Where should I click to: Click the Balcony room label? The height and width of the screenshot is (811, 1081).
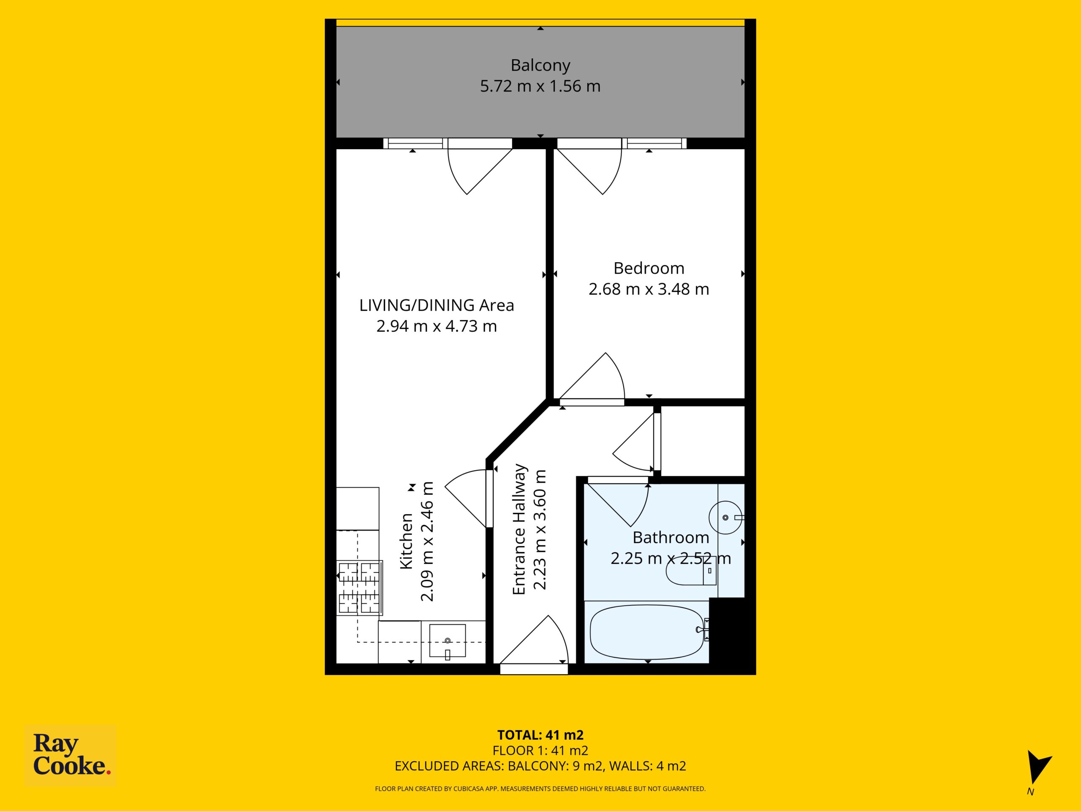tap(540, 65)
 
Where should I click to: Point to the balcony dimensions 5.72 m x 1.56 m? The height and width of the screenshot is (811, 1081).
tap(540, 86)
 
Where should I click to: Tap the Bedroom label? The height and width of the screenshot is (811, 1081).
tap(649, 268)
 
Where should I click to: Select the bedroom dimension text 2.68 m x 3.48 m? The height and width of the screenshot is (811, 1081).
tap(649, 289)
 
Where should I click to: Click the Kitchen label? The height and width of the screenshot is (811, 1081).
tap(407, 541)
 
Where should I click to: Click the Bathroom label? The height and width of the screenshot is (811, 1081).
tap(671, 537)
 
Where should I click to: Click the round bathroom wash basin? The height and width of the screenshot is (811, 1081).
tap(726, 517)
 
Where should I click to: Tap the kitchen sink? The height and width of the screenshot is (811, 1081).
tap(447, 641)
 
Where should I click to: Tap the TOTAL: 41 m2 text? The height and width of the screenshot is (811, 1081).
tap(540, 735)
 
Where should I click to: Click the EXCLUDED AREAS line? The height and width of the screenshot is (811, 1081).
tap(540, 766)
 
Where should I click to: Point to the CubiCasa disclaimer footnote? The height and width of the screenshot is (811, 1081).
tap(540, 789)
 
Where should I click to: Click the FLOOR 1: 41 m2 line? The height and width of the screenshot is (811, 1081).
tap(540, 750)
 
